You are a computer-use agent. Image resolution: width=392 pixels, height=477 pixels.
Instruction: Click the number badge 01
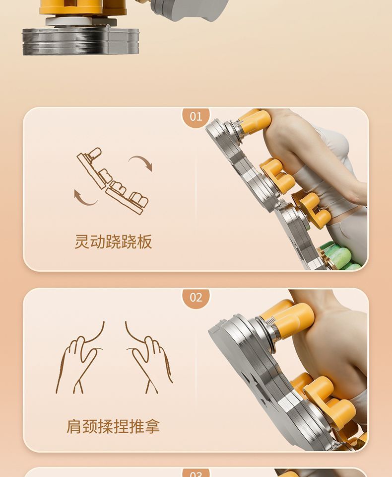(196, 117)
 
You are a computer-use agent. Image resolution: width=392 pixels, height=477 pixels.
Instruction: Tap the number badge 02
(196, 298)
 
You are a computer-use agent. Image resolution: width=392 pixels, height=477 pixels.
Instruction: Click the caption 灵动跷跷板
(113, 242)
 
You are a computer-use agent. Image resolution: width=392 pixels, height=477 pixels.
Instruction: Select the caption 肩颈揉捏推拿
(113, 426)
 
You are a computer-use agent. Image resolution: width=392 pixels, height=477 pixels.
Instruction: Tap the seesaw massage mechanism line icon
(113, 180)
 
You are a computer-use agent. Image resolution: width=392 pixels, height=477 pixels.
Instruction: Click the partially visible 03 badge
(196, 473)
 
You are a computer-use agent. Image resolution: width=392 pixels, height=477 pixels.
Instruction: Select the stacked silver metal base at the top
(80, 41)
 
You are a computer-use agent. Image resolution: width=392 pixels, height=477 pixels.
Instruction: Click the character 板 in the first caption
(144, 242)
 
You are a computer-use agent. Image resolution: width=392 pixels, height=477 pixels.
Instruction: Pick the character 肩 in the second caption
(74, 426)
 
